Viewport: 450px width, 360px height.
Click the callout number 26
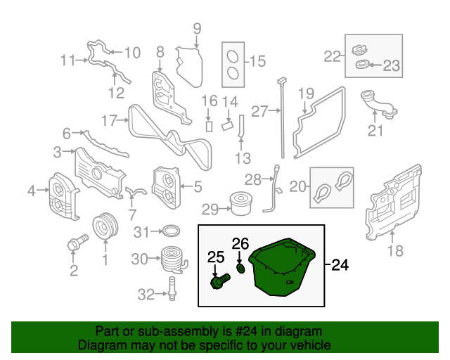pos(240,244)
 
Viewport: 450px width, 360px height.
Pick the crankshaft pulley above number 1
pos(105,227)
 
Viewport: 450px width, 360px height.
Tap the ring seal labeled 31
pos(169,231)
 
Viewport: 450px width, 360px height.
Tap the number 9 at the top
pos(197,29)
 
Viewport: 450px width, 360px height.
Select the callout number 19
pos(306,94)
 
